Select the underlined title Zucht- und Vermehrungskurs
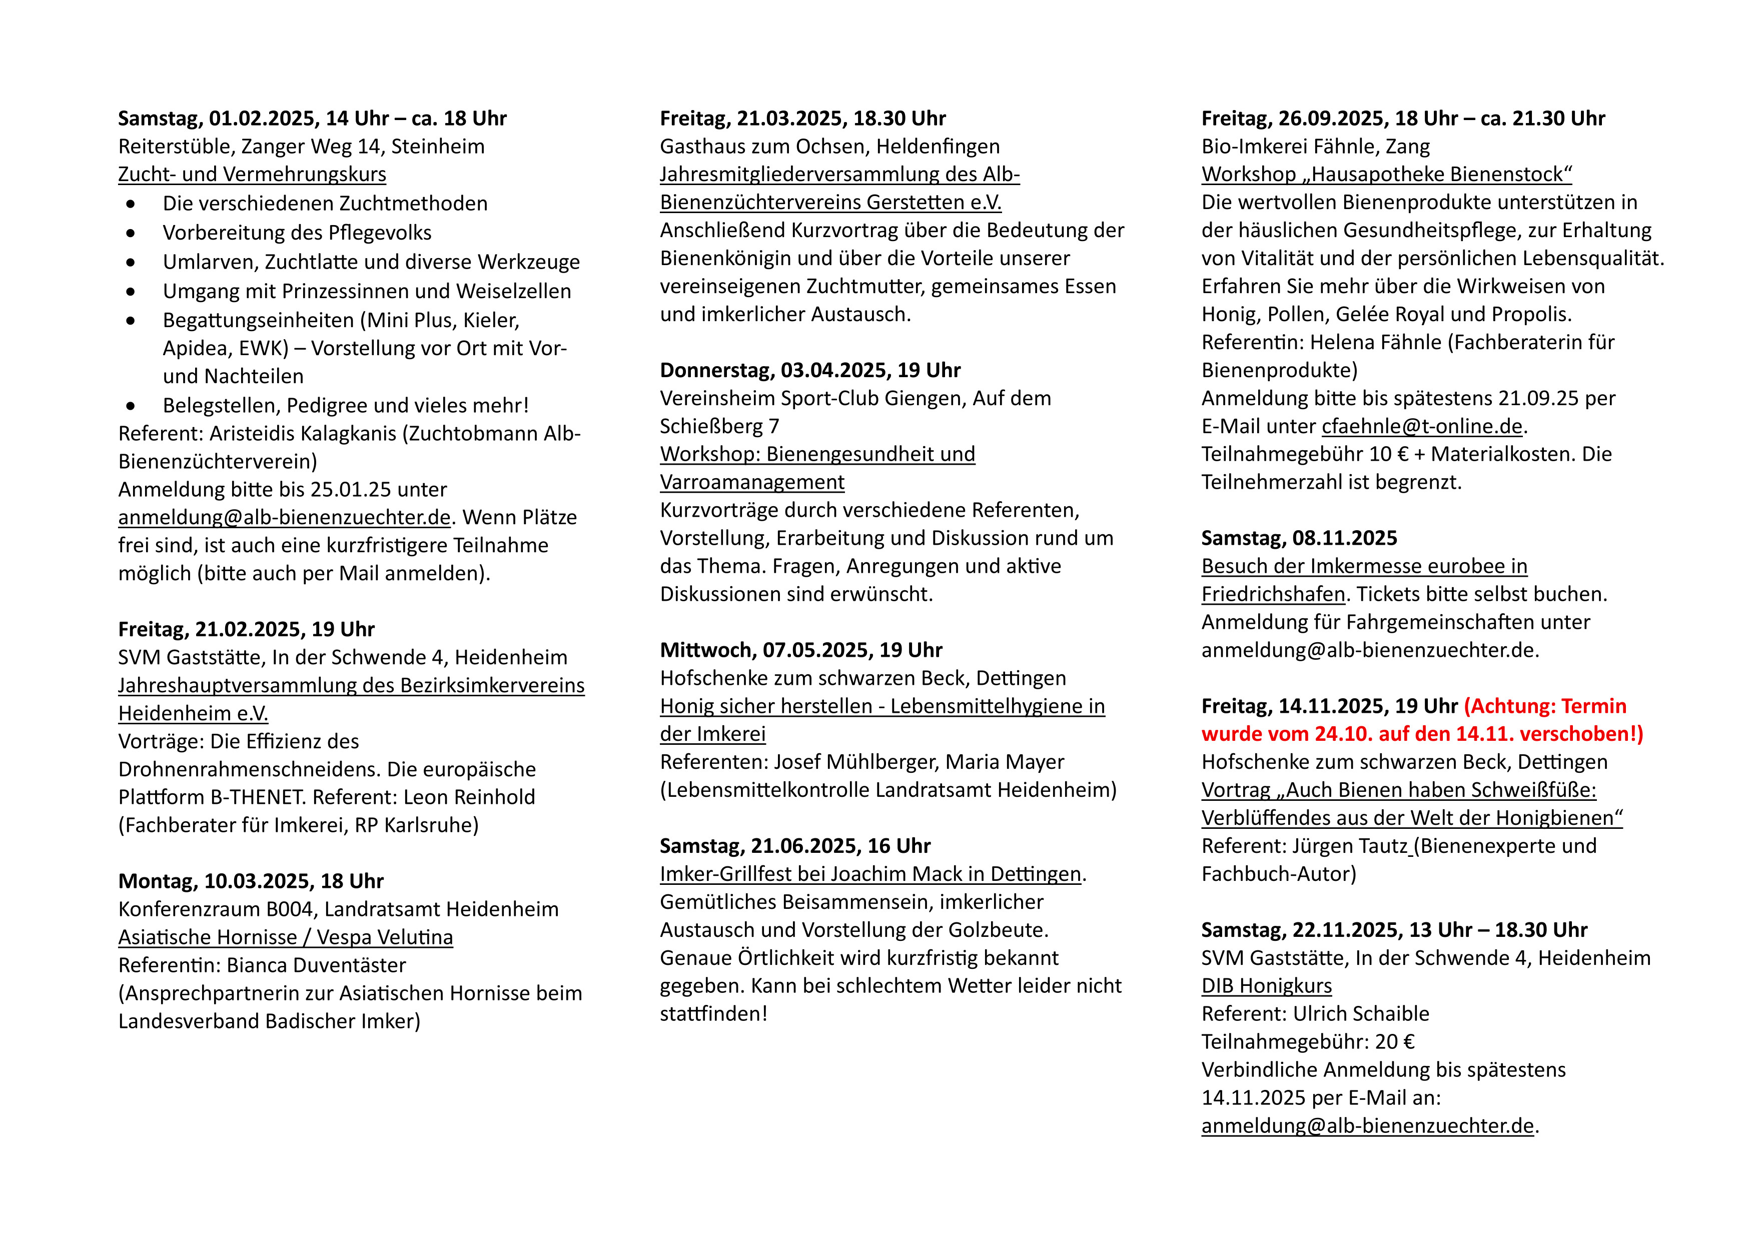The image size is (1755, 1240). (252, 174)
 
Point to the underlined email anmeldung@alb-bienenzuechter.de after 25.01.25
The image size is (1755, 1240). (284, 517)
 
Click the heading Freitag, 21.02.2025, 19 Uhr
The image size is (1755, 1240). (246, 630)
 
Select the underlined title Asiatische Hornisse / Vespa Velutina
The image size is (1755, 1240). (285, 937)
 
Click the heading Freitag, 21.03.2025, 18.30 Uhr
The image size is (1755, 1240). (802, 119)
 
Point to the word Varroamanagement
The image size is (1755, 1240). (752, 482)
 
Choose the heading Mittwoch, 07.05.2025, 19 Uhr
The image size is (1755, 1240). (801, 650)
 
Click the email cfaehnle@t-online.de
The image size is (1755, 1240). (1422, 426)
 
